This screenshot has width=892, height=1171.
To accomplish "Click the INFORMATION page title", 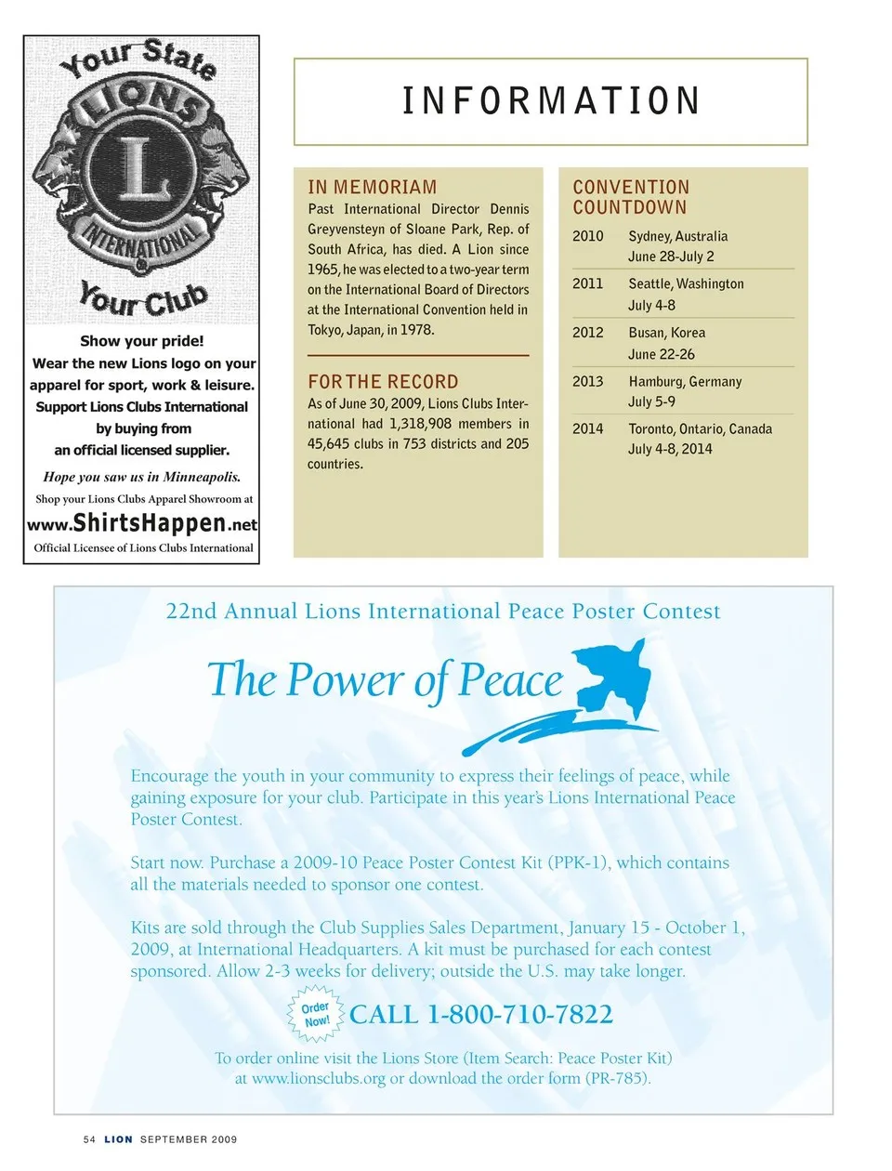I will pyautogui.click(x=551, y=101).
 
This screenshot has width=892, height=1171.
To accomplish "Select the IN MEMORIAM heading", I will pyautogui.click(x=372, y=187).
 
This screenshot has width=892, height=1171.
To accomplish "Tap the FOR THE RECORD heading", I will pyautogui.click(x=383, y=382).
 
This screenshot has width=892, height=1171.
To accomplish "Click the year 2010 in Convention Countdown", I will pyautogui.click(x=587, y=236).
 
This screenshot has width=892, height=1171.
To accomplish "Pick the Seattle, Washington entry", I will pyautogui.click(x=686, y=283).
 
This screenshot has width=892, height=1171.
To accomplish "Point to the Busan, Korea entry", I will pyautogui.click(x=666, y=333).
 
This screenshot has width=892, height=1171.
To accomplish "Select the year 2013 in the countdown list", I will pyautogui.click(x=587, y=381).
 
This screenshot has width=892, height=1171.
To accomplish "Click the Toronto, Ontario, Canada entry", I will pyautogui.click(x=700, y=428).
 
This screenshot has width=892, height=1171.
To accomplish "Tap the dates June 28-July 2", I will pyautogui.click(x=671, y=257).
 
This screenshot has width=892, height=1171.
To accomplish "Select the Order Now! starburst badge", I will pyautogui.click(x=316, y=1014).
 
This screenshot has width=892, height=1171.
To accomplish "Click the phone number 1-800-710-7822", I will pyautogui.click(x=519, y=1014).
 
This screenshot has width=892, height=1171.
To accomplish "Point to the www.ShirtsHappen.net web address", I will pyautogui.click(x=142, y=523).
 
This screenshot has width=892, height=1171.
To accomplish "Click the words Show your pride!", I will pyautogui.click(x=142, y=341).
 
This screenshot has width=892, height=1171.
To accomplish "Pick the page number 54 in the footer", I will pyautogui.click(x=89, y=1138).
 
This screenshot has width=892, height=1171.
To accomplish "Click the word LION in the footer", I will pyautogui.click(x=118, y=1138).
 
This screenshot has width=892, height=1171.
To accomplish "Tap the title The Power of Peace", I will pyautogui.click(x=385, y=680).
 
